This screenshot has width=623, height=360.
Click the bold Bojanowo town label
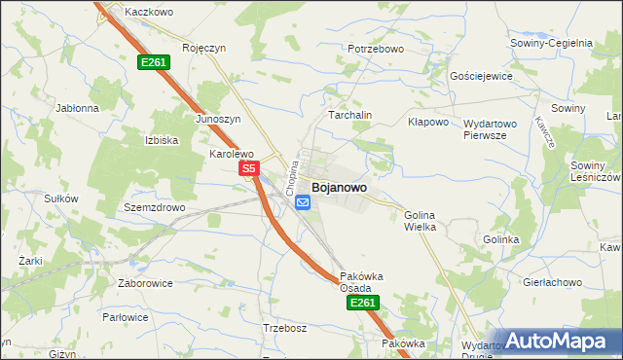point(339,187)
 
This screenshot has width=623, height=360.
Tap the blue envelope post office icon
point(303,202)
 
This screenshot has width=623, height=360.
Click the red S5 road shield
point(248,169)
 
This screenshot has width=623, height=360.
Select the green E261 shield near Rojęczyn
point(154,62)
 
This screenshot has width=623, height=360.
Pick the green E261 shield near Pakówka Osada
point(361,304)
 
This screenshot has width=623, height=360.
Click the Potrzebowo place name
point(375,49)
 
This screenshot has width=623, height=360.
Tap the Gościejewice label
point(480,75)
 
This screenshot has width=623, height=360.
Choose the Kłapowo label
point(427,123)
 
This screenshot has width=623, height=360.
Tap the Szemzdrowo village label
point(154,208)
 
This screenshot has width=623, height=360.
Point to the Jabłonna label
point(78,108)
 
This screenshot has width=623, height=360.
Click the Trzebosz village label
point(285,328)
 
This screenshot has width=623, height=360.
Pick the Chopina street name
point(290,175)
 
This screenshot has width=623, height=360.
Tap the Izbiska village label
point(162,140)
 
